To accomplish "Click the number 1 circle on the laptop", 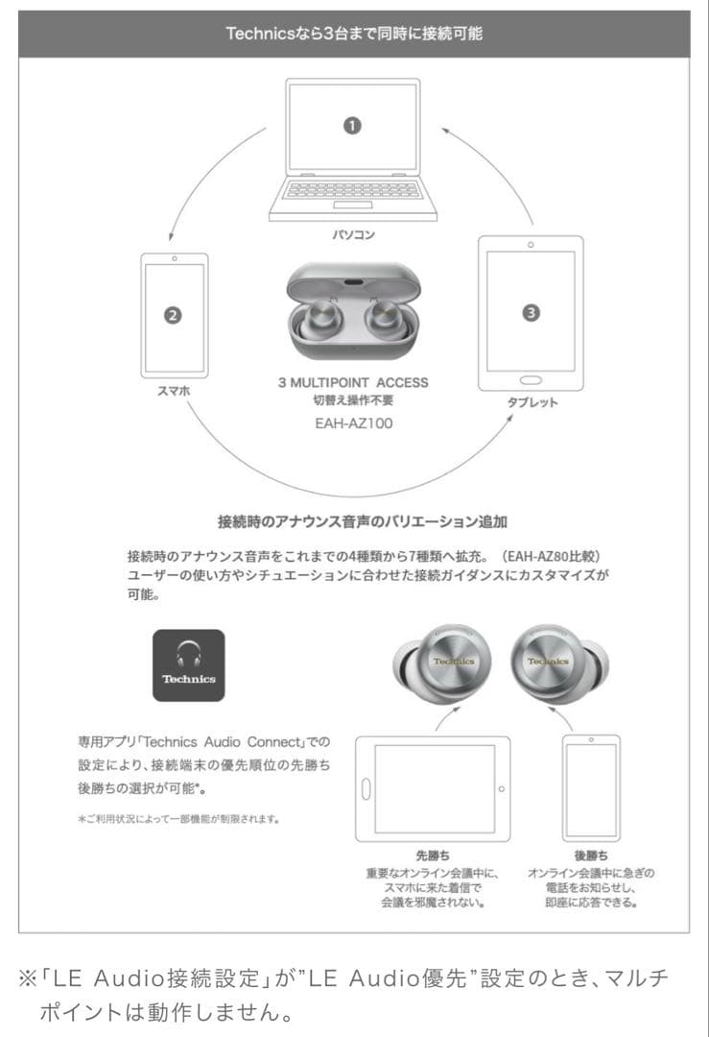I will (352, 127).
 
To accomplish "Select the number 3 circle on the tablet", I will (532, 312).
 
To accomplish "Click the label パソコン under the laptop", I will (353, 236).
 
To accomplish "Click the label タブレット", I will (532, 403).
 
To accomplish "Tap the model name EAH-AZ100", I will (353, 422).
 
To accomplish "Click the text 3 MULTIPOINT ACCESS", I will (353, 382).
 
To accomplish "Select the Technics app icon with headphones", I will (189, 665).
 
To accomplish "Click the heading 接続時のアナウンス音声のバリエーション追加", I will (363, 522).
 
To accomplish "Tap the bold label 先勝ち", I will (432, 854).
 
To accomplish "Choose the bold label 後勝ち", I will (591, 854).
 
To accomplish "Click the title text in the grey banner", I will (354, 35).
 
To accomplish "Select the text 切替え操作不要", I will (353, 400).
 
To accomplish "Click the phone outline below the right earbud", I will (591, 787).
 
